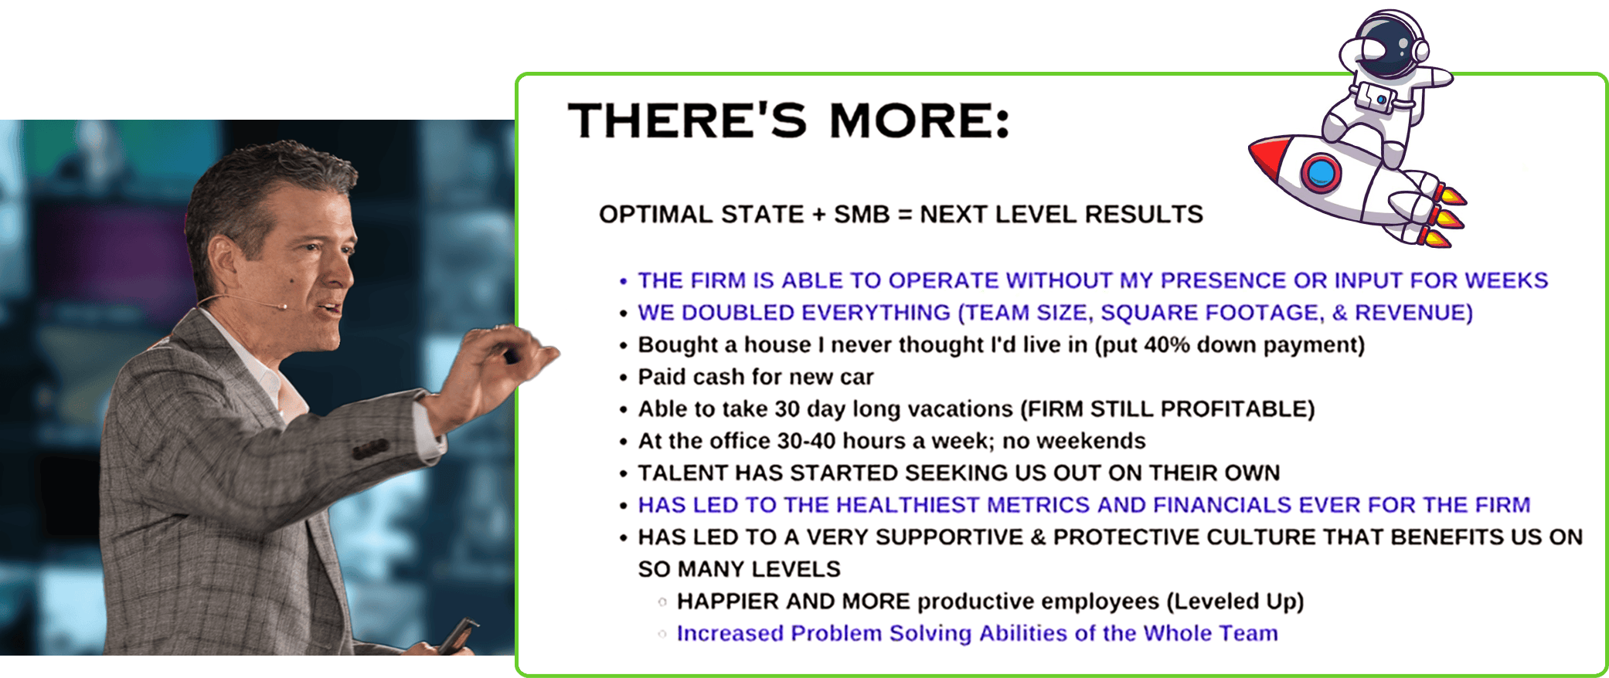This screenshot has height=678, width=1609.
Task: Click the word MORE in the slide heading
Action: click(x=919, y=121)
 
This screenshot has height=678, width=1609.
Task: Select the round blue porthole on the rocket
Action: click(x=1321, y=172)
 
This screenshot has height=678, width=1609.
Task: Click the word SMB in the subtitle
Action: click(x=862, y=215)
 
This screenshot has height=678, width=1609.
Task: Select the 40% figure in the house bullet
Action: click(x=1167, y=345)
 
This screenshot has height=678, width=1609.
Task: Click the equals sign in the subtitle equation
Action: click(x=905, y=215)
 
